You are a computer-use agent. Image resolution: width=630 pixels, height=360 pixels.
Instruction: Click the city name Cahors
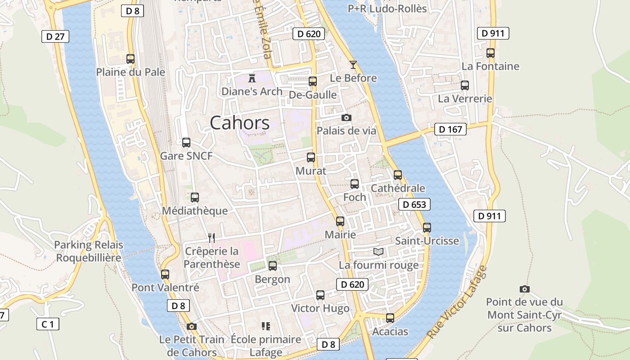click(x=239, y=123)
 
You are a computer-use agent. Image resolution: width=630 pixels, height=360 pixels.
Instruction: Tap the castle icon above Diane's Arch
click(x=252, y=78)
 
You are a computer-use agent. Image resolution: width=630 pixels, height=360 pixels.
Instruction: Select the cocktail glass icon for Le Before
click(x=353, y=65)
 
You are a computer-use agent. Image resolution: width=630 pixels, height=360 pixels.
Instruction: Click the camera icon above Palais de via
click(x=346, y=118)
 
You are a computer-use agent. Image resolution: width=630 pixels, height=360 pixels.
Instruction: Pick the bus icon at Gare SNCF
click(x=186, y=143)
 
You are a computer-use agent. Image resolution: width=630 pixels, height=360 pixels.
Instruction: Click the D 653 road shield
click(x=414, y=205)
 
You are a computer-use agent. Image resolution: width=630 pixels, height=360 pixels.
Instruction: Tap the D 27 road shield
click(x=55, y=36)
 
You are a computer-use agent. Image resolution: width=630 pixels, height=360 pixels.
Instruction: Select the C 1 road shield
click(x=48, y=324)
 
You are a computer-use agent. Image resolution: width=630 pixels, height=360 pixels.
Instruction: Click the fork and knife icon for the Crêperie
click(x=211, y=238)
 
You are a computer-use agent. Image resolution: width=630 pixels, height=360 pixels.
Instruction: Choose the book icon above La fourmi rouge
click(x=378, y=252)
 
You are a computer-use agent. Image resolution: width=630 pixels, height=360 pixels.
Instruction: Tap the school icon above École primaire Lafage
click(x=265, y=326)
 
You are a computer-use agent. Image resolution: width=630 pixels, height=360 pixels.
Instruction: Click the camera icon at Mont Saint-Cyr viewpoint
click(x=524, y=289)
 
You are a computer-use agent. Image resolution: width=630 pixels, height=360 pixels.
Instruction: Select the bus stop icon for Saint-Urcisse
click(x=427, y=228)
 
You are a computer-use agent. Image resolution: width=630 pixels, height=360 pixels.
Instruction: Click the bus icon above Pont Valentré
click(x=165, y=274)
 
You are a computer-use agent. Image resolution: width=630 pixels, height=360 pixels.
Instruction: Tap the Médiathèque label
click(x=195, y=211)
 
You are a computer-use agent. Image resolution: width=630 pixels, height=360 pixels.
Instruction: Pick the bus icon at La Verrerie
click(x=465, y=85)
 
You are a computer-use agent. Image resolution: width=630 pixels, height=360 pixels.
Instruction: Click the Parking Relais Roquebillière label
click(x=88, y=252)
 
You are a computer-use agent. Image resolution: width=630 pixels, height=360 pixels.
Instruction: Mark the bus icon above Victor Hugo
click(x=320, y=295)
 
